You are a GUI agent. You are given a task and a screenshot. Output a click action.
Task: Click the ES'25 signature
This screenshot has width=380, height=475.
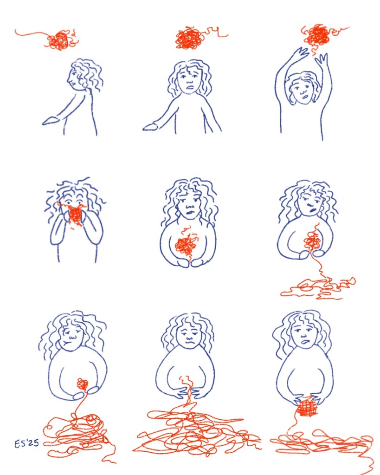pos(26,443)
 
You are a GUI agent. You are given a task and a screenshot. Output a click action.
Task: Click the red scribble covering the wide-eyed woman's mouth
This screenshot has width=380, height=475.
pos(75,216)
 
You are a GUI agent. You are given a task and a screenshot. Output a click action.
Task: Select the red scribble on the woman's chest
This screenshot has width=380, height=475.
pos(185,245)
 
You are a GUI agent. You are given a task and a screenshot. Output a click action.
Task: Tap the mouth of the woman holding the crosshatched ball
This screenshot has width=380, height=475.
pos(306,342)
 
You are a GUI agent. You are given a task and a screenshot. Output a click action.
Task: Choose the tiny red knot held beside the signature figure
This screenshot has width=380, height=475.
pos(83,384)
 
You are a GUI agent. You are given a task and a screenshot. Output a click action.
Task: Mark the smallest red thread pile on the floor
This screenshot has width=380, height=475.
pos(318,288)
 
